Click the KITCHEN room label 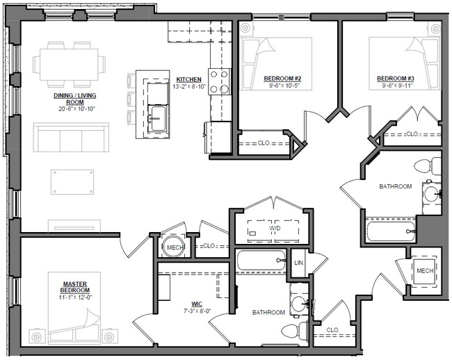(x=189, y=79)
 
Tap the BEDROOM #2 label (x=282, y=78)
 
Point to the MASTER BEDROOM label (x=74, y=288)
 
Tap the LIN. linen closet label (x=299, y=263)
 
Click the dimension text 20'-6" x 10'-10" (x=74, y=108)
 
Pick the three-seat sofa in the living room (x=71, y=138)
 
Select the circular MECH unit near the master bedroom (x=172, y=247)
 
